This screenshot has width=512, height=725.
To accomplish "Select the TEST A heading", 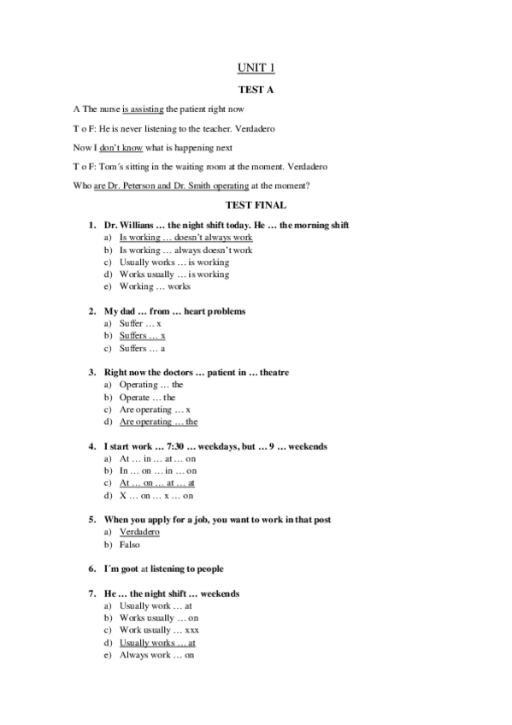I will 256,88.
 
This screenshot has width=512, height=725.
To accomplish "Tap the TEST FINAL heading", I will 256,205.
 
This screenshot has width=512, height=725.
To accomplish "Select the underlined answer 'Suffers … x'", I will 142,336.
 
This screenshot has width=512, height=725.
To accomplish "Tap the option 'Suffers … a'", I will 142,348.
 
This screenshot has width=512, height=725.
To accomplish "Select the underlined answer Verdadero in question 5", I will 139,532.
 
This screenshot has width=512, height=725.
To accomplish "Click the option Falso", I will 131,544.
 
